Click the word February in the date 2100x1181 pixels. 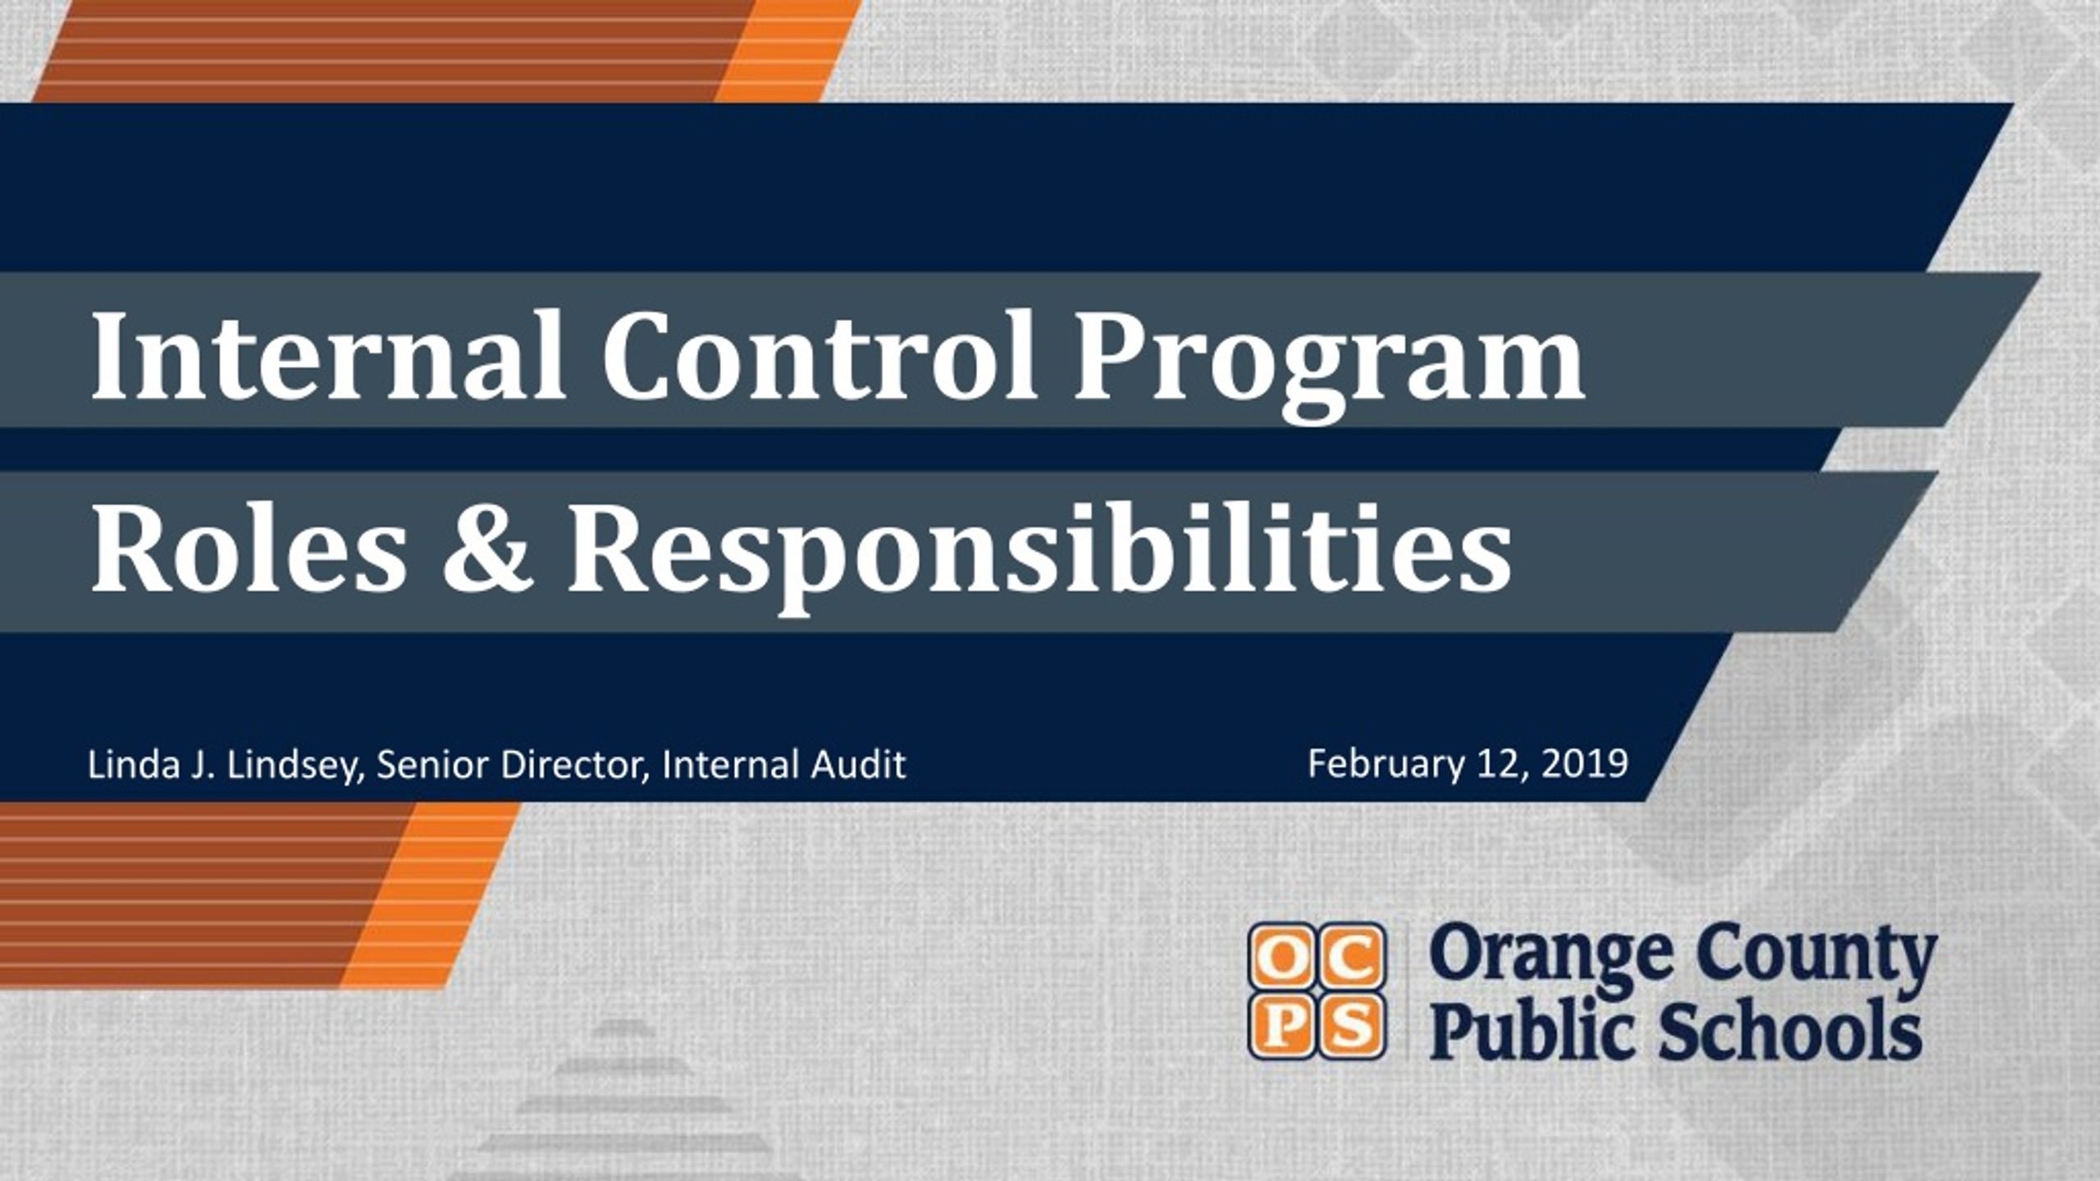(x=1386, y=764)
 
